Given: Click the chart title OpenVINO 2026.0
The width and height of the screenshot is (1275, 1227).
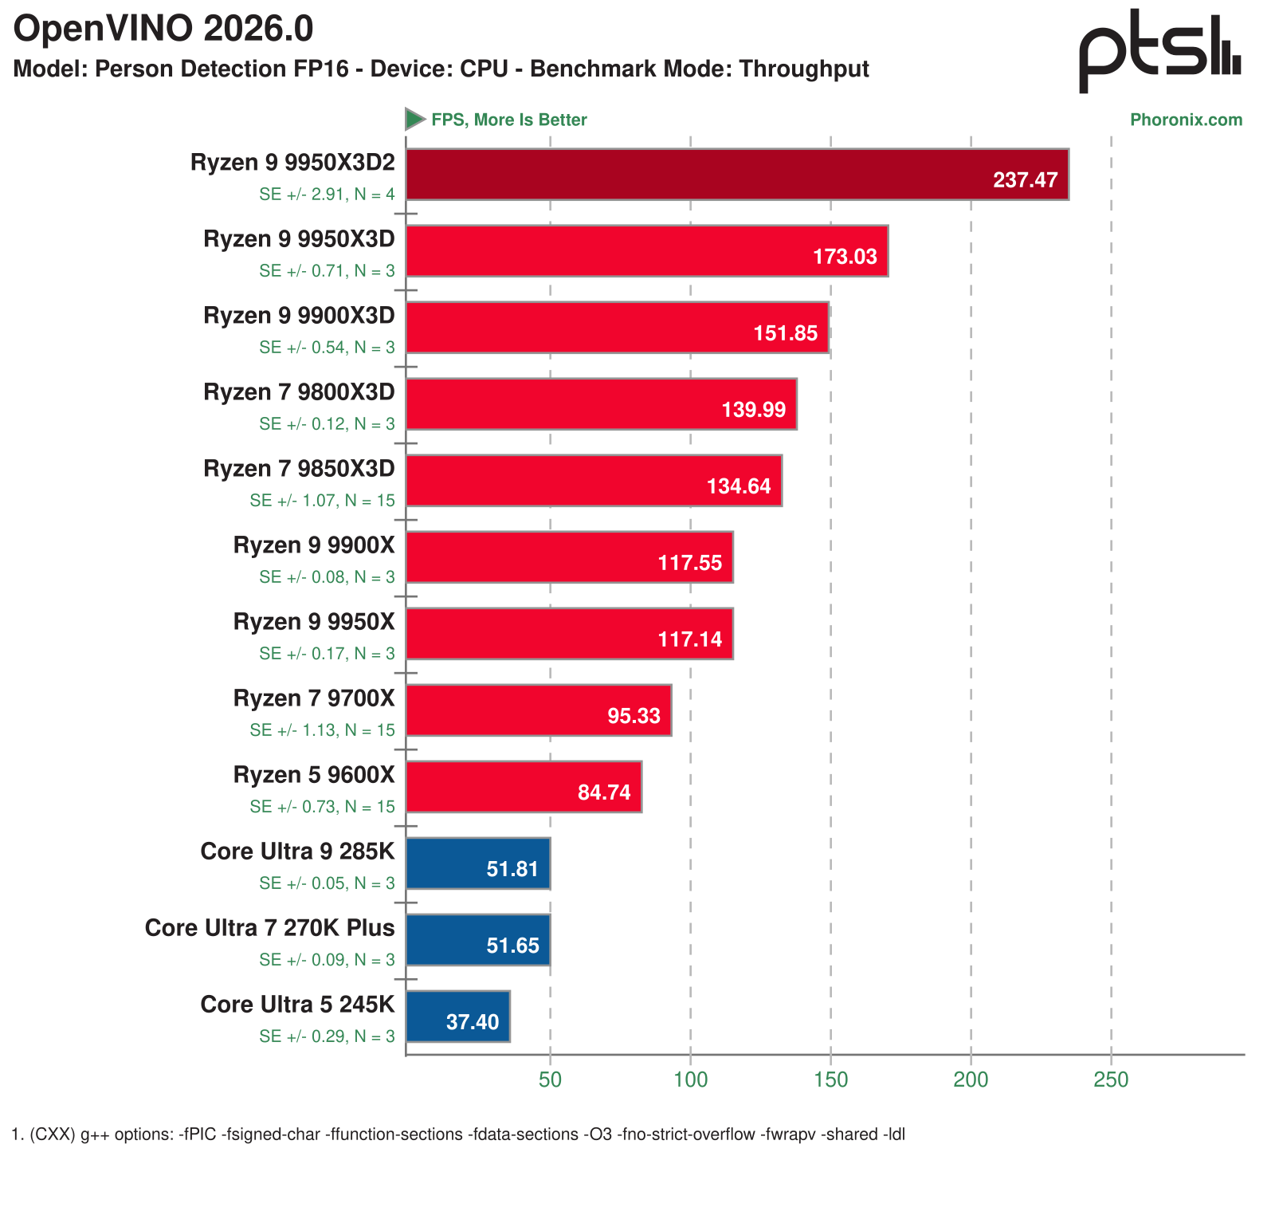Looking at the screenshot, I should click(163, 30).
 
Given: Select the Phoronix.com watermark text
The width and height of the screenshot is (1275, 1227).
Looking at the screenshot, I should click(1186, 120).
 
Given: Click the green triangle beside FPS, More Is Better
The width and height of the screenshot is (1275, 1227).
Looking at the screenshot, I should click(414, 120).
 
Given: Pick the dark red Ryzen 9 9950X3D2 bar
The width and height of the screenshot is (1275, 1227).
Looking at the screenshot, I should click(737, 174).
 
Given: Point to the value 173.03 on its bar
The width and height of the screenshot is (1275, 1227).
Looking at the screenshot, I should click(845, 257).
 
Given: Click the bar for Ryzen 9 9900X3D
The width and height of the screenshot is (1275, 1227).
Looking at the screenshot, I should click(618, 328).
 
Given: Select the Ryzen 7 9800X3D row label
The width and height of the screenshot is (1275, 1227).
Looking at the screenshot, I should click(299, 392).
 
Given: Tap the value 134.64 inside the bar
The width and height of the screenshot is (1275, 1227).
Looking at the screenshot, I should click(739, 486).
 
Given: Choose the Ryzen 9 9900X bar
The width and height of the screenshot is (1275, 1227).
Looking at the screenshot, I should click(569, 557).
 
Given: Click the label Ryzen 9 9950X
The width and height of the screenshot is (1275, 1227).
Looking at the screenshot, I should click(314, 622).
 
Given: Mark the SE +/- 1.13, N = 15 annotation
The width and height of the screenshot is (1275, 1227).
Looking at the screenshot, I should click(322, 730).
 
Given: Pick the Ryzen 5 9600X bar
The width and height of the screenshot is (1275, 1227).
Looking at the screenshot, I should click(524, 787).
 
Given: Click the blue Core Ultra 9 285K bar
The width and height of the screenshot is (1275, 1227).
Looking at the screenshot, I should click(478, 863).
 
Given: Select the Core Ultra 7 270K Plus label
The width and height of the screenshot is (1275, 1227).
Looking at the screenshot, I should click(269, 928).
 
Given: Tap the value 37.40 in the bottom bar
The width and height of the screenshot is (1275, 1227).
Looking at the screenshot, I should click(473, 1022).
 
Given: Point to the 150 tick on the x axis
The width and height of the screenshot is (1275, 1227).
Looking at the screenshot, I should click(830, 1080).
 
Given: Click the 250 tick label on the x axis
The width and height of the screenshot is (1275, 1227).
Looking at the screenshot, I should click(1111, 1080).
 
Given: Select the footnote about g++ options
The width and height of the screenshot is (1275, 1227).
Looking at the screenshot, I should click(458, 1135).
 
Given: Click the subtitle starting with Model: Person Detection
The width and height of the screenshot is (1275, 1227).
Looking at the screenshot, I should click(441, 69).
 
